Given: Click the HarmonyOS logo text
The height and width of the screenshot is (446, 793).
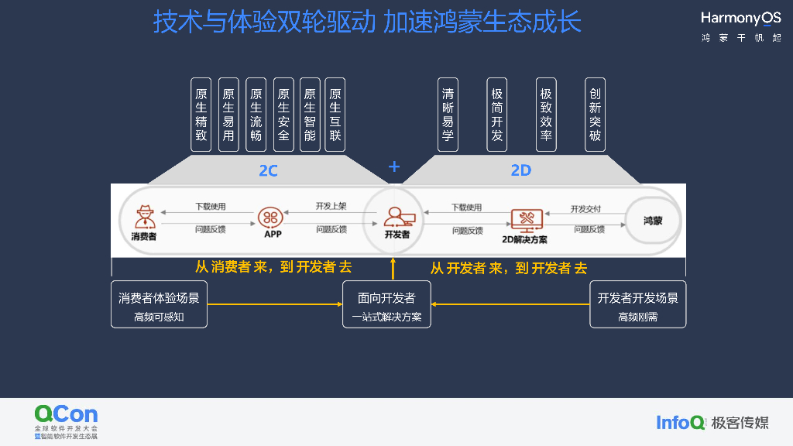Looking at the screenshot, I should (x=740, y=19).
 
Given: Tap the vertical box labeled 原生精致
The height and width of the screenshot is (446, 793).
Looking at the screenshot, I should (x=201, y=114).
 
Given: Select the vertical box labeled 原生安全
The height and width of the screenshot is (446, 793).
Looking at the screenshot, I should (x=283, y=114).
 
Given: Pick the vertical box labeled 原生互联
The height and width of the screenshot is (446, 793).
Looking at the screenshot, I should (x=335, y=114).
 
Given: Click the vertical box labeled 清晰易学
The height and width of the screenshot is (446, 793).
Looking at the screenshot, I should (x=448, y=114).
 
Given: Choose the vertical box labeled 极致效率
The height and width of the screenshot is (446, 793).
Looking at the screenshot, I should (x=546, y=114).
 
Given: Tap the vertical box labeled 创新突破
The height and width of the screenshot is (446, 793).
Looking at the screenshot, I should (x=595, y=114).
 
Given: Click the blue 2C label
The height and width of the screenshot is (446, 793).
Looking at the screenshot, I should (x=268, y=170).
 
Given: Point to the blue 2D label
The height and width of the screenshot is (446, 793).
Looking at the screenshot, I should (x=521, y=170).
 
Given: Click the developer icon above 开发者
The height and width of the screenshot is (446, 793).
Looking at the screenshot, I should (x=396, y=215).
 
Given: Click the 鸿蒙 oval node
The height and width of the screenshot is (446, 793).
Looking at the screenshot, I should (x=653, y=221).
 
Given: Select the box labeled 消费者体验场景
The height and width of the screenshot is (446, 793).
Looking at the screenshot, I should (x=159, y=304).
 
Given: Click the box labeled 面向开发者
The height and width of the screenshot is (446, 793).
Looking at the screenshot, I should (x=386, y=304).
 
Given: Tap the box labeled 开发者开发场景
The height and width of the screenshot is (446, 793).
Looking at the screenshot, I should (x=637, y=304).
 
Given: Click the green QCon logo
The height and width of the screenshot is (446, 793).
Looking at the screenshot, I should (x=66, y=414).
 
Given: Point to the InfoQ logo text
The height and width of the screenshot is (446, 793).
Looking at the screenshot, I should (x=681, y=422).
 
